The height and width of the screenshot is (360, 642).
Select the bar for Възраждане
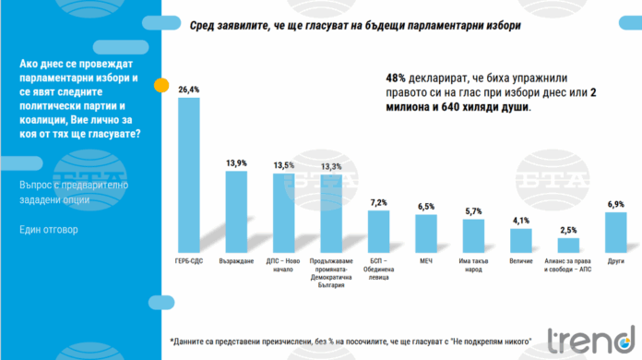click(x=236, y=212)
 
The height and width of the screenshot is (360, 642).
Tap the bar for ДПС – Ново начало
click(x=284, y=213)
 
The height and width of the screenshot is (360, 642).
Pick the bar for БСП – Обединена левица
click(x=379, y=231)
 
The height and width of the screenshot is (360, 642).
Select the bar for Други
click(x=616, y=232)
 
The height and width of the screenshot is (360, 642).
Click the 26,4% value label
click(x=188, y=90)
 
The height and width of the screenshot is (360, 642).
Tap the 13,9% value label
click(x=236, y=163)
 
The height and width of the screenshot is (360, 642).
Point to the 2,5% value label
click(x=569, y=229)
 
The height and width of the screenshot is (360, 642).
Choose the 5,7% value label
click(x=474, y=210)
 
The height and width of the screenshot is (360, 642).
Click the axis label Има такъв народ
click(x=474, y=264)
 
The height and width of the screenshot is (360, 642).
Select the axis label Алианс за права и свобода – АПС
click(x=569, y=269)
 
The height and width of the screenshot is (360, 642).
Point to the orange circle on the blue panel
click(x=160, y=86)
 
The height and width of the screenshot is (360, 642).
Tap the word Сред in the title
click(x=204, y=28)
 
